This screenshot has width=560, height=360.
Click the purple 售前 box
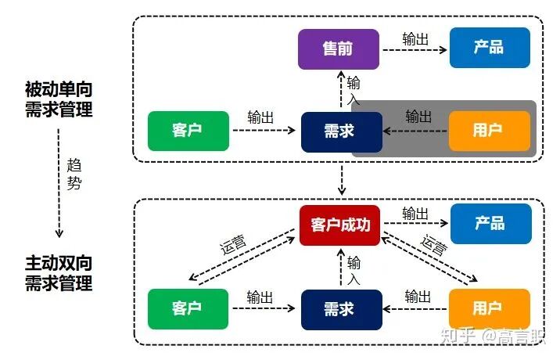coord(338,49)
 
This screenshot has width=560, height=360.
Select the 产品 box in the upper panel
coord(490,48)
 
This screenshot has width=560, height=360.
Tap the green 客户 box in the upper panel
coord(188,131)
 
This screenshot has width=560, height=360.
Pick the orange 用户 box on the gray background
coord(489,131)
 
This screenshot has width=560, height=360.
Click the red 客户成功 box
coord(341,225)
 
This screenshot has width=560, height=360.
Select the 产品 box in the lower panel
coord(490,224)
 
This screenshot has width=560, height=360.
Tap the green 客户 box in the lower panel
coord(188,308)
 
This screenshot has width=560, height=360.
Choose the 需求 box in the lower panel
coord(341,308)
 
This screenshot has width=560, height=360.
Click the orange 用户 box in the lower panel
coord(489,308)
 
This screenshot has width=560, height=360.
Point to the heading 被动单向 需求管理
coord(59,99)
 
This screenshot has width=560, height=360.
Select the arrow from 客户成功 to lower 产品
coord(415,225)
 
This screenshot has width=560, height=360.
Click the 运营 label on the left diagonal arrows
coord(233,243)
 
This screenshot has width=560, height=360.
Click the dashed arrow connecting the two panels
coord(341,180)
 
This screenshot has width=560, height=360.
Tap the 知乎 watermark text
coord(457,337)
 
